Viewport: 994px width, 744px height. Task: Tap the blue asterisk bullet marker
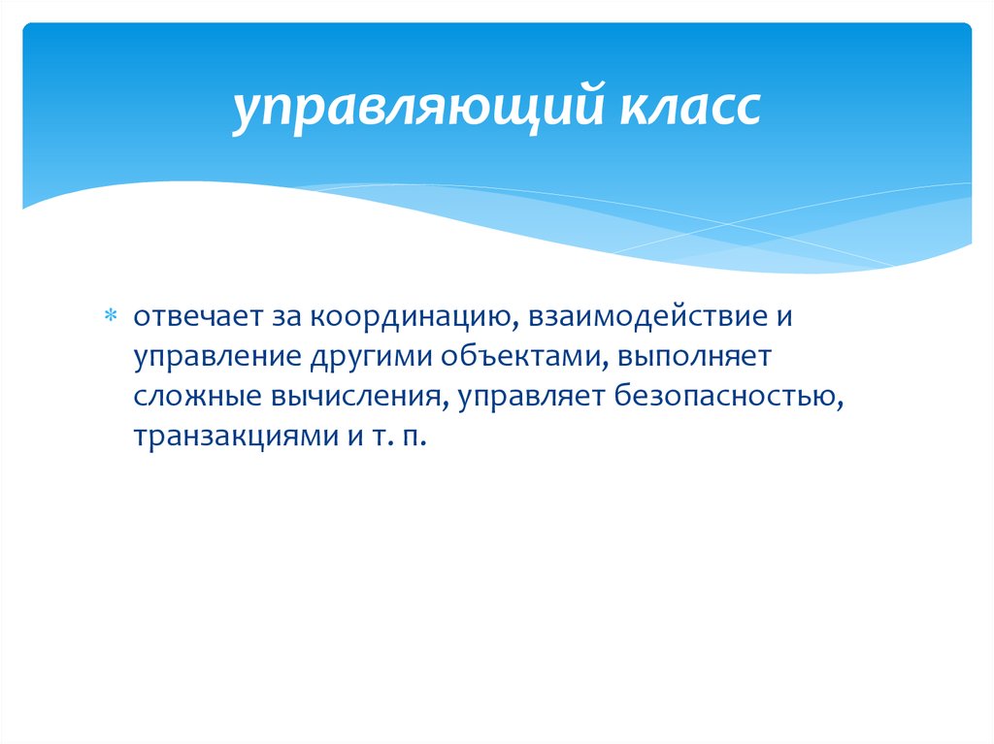coord(110,316)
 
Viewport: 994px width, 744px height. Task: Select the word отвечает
coord(192,316)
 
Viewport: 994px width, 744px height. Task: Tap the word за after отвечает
coord(276,316)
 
